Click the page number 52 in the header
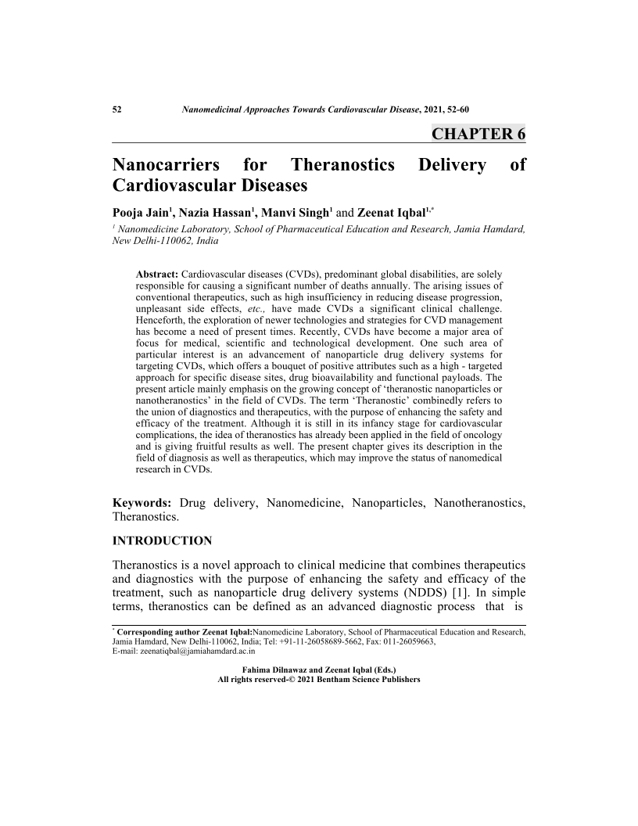coord(117,110)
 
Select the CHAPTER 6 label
coord(478,133)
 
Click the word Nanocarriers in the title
coord(164,166)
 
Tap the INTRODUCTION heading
coord(163,540)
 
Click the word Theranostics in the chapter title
coord(342,166)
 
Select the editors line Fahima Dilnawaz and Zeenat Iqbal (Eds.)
coord(319,670)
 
